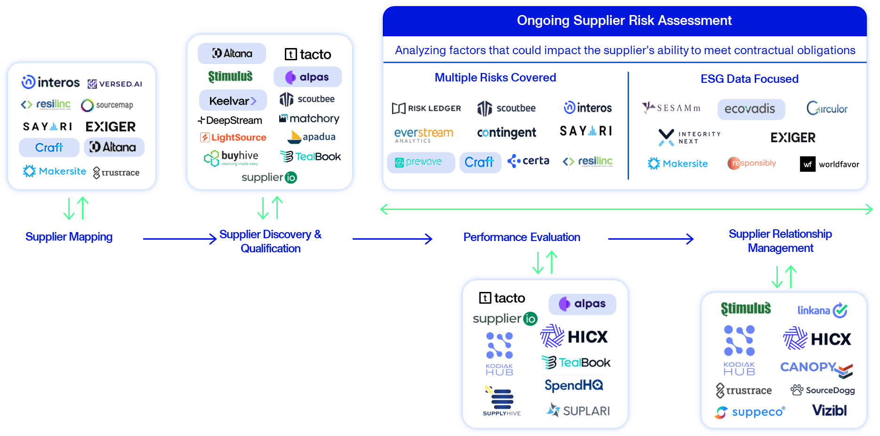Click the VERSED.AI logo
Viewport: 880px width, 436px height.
pyautogui.click(x=115, y=84)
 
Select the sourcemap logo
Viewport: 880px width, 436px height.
pyautogui.click(x=107, y=105)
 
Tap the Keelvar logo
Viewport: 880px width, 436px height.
pyautogui.click(x=233, y=101)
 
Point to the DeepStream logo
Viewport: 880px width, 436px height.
pyautogui.click(x=230, y=121)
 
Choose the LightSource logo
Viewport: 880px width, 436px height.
pyautogui.click(x=234, y=137)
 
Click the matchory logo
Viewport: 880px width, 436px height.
pyautogui.click(x=309, y=119)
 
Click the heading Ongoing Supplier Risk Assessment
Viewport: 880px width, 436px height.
pyautogui.click(x=624, y=20)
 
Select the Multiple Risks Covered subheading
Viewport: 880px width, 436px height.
pyautogui.click(x=495, y=78)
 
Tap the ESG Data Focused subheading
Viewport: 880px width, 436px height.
pyautogui.click(x=749, y=79)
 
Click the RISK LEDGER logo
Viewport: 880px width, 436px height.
pyautogui.click(x=427, y=108)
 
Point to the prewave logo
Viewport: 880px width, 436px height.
pyautogui.click(x=420, y=162)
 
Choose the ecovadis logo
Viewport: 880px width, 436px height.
pyautogui.click(x=751, y=109)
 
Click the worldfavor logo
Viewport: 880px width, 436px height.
pyautogui.click(x=830, y=164)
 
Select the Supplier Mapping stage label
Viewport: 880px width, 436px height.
pyautogui.click(x=69, y=237)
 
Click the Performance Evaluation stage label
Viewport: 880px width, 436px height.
pyautogui.click(x=521, y=237)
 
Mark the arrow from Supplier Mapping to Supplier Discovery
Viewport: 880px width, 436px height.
pyautogui.click(x=179, y=239)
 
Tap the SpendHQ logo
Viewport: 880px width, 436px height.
pyautogui.click(x=574, y=386)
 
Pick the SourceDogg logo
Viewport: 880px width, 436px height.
pyautogui.click(x=823, y=390)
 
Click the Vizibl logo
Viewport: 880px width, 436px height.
pyautogui.click(x=829, y=411)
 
